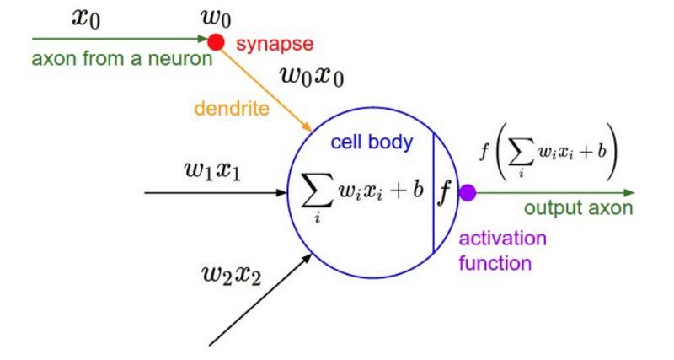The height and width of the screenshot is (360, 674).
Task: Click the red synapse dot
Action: [217, 42]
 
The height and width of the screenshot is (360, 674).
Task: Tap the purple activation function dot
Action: [468, 193]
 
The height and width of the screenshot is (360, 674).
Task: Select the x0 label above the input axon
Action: [86, 19]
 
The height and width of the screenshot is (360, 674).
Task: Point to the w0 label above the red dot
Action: [216, 19]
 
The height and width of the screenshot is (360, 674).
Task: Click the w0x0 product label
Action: [312, 77]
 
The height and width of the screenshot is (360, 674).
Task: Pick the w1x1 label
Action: [213, 171]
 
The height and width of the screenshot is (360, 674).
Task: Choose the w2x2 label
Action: [231, 276]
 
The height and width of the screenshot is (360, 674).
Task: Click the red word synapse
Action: [275, 44]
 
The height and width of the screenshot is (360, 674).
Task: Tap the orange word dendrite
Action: [232, 108]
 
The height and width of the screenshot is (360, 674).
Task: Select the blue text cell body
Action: [372, 142]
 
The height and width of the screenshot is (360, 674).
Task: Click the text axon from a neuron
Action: [122, 58]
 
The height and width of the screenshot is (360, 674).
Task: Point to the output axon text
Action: [579, 207]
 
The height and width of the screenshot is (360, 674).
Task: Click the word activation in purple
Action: [502, 238]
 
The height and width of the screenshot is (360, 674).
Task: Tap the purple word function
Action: [495, 263]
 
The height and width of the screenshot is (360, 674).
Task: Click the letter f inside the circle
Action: [445, 193]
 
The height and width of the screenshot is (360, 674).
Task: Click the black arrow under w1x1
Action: [216, 193]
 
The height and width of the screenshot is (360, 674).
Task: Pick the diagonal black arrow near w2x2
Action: [260, 299]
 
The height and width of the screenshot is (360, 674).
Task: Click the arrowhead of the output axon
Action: [629, 193]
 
